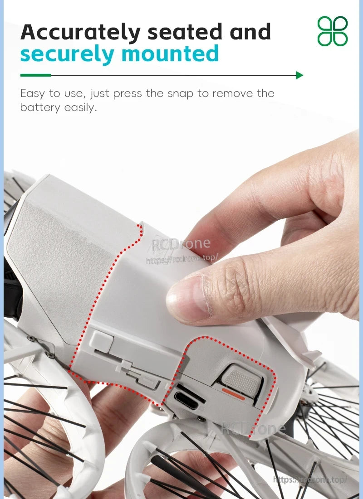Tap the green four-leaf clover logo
tap(333, 31)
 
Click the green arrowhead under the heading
tap(299, 75)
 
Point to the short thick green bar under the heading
tap(35, 75)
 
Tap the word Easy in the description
tap(33, 94)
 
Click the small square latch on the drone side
tap(101, 339)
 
